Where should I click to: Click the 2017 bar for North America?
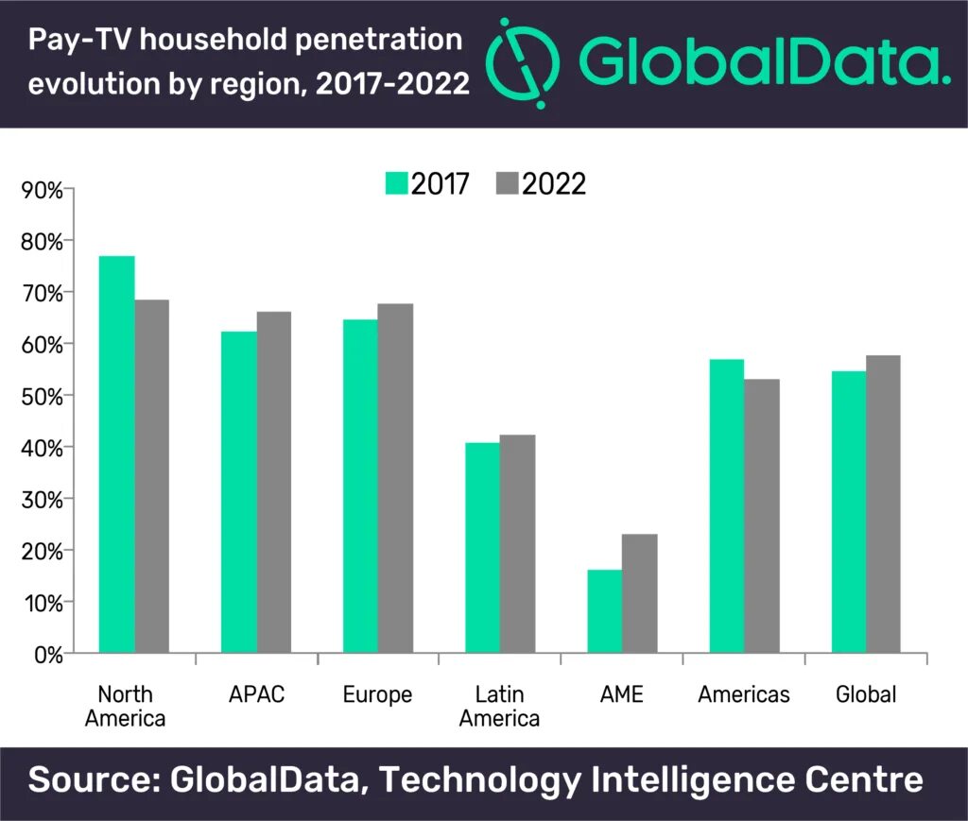click(116, 454)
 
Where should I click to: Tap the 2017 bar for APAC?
click(238, 492)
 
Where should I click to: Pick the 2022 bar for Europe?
click(395, 478)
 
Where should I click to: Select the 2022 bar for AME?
click(640, 593)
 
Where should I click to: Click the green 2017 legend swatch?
click(395, 183)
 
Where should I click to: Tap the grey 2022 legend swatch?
click(507, 183)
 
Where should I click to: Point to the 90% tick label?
click(42, 190)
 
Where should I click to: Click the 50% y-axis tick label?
click(42, 396)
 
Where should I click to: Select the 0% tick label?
click(46, 654)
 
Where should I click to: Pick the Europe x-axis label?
click(377, 695)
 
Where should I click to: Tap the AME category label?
click(621, 695)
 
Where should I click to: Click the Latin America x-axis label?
click(499, 707)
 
